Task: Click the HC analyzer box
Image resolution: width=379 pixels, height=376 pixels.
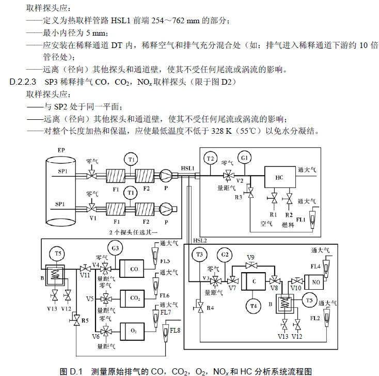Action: click(x=279, y=177)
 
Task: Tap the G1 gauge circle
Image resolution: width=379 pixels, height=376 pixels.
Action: click(x=243, y=158)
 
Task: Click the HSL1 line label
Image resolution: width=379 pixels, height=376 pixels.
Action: click(x=188, y=169)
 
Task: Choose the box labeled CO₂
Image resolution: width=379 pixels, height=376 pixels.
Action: click(x=135, y=298)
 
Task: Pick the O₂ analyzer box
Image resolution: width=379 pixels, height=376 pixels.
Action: click(x=135, y=328)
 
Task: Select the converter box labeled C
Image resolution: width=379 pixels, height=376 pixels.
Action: click(x=255, y=280)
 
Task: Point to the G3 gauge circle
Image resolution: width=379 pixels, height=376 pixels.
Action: click(x=116, y=249)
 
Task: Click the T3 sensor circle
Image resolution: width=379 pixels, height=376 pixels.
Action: click(x=199, y=254)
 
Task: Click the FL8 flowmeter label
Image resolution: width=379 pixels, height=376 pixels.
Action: click(x=175, y=330)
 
